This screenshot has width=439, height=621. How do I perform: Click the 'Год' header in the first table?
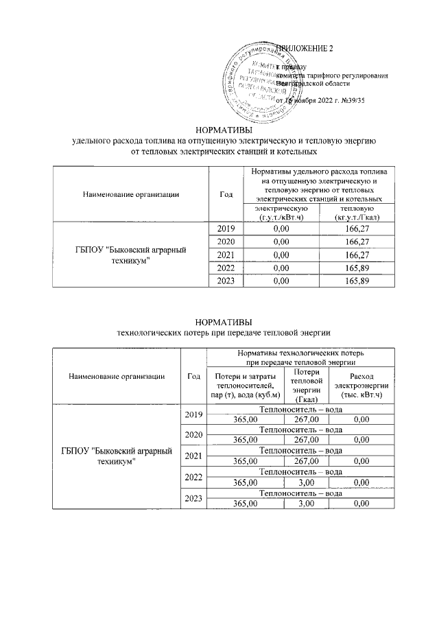pos(226,194)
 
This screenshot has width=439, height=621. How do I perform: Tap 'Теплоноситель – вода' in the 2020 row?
pos(300,430)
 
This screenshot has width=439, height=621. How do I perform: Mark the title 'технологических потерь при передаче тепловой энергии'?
pos(224,332)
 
